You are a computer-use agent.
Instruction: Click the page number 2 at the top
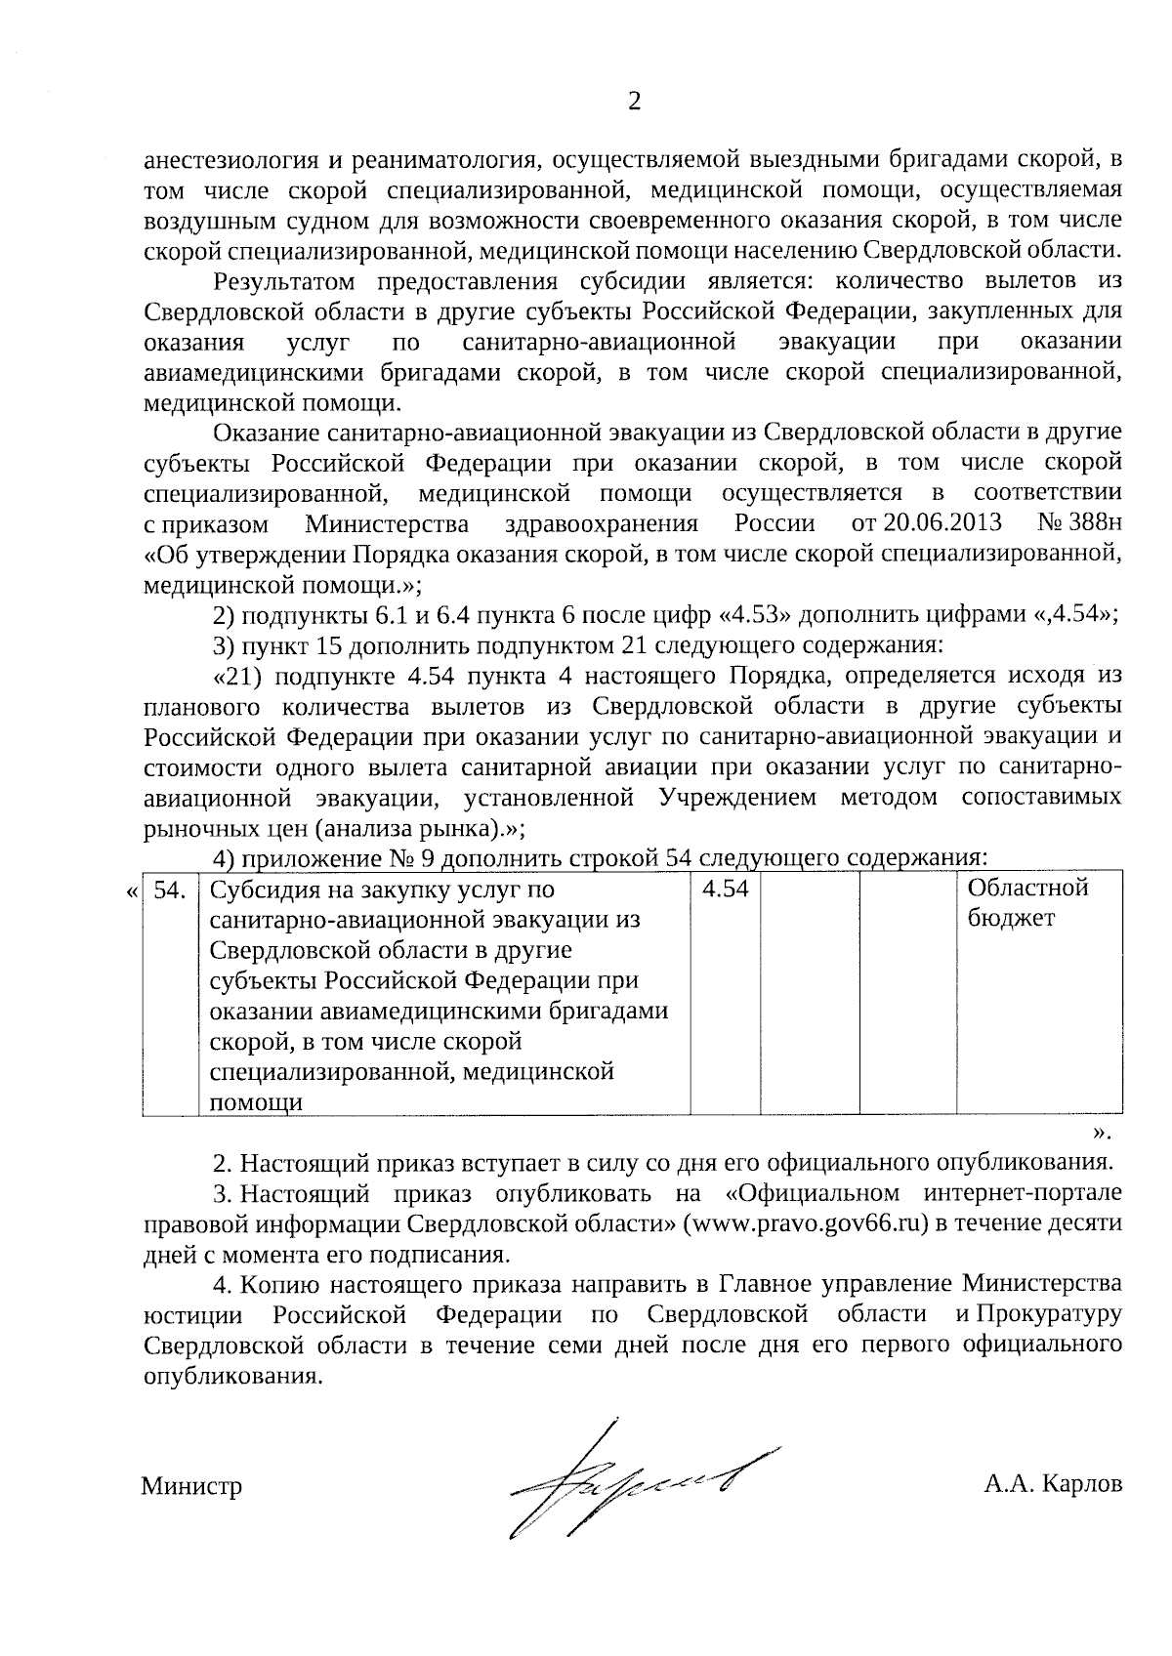(635, 102)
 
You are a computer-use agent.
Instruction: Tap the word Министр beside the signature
(191, 1487)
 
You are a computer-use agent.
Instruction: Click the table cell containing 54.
(171, 890)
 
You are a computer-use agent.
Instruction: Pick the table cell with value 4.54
(725, 890)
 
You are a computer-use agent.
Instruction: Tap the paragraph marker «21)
(237, 677)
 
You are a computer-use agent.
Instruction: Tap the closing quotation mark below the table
(1101, 1133)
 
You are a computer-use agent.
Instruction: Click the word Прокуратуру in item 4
(1047, 1314)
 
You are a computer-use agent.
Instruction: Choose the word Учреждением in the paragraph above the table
(738, 798)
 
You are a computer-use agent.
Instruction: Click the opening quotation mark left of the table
(132, 890)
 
